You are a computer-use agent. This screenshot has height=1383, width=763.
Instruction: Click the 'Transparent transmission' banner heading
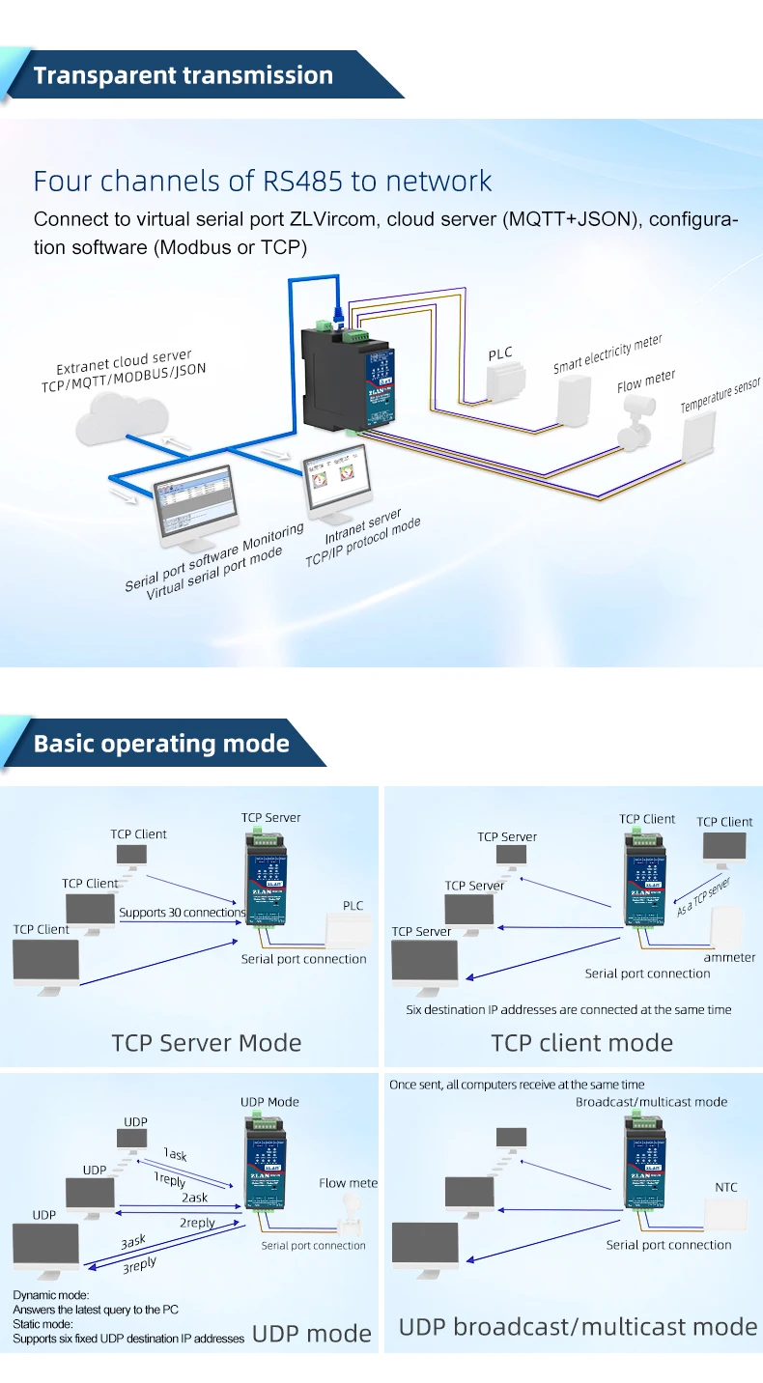click(x=183, y=76)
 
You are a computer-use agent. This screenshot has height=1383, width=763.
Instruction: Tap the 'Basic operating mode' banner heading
click(x=161, y=744)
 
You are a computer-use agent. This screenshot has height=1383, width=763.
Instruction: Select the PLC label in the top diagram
click(x=500, y=354)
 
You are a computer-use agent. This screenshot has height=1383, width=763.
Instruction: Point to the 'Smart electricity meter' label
click(x=608, y=354)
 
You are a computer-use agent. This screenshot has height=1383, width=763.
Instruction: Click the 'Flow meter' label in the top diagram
click(x=646, y=381)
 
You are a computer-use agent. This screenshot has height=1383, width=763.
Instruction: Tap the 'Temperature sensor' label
click(x=720, y=396)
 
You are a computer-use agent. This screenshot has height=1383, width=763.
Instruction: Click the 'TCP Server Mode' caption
click(x=207, y=1043)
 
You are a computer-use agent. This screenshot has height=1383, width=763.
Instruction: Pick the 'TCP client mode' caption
click(x=581, y=1043)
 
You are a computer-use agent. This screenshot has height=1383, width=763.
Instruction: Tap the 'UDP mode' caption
click(x=311, y=1334)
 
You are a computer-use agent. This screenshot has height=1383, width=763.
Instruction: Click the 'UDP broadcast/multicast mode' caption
click(x=578, y=1327)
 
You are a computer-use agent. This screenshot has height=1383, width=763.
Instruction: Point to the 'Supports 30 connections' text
click(x=182, y=913)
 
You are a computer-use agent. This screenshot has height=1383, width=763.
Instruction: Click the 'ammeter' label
click(x=729, y=957)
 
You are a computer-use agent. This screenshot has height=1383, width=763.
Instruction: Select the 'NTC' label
click(x=725, y=1187)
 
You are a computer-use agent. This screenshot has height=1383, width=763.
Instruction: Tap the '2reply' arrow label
click(x=197, y=1223)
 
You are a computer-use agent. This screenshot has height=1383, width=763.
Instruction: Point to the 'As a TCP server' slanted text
click(x=703, y=897)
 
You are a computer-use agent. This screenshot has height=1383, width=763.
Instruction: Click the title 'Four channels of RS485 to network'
click(x=263, y=181)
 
